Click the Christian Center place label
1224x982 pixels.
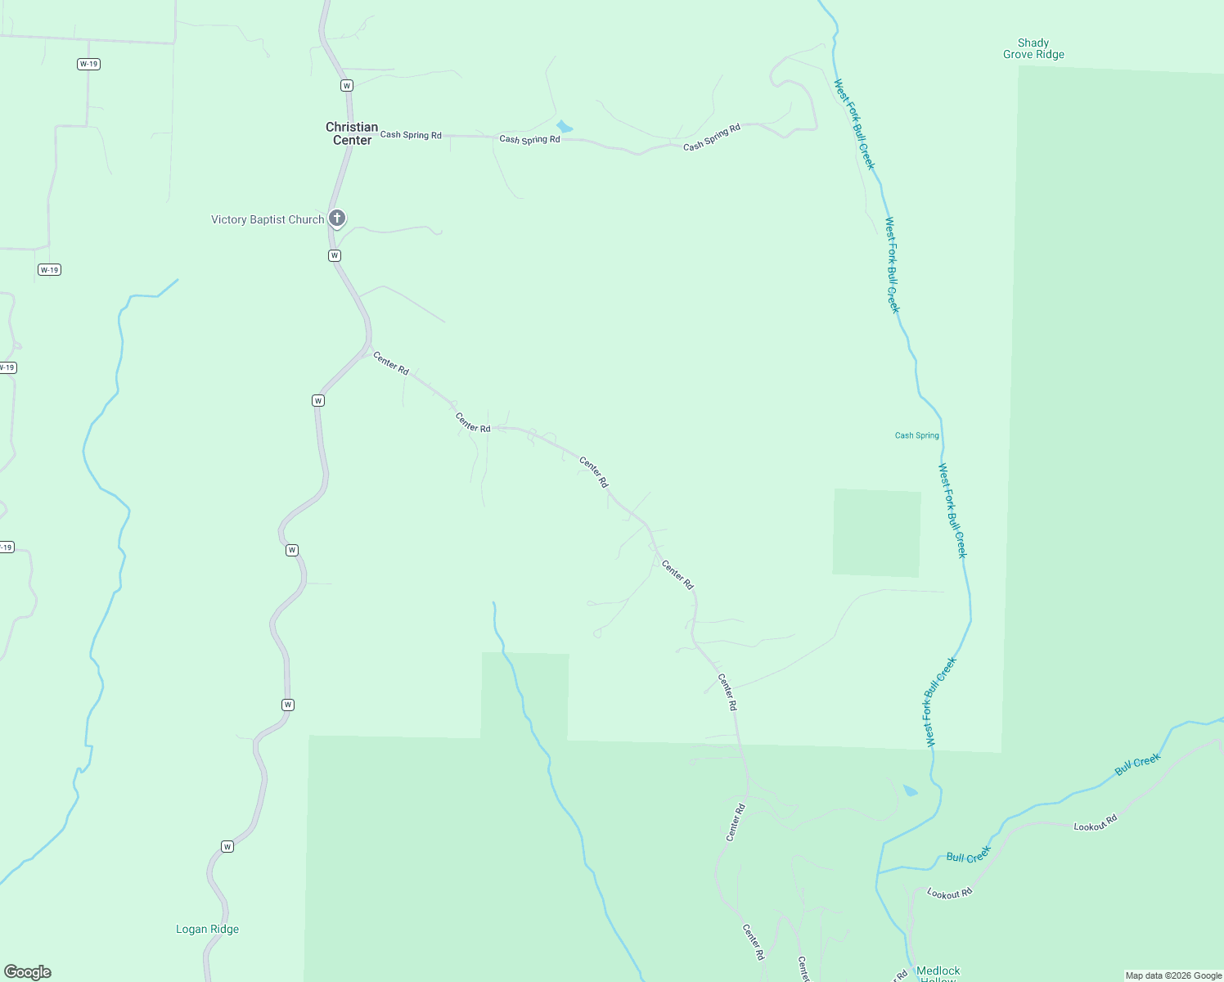352,133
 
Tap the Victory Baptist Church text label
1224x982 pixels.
268,219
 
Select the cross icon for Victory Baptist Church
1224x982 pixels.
336,218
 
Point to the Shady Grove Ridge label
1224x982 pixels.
1033,49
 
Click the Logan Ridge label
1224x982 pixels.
207,929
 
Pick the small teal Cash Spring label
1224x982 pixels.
916,435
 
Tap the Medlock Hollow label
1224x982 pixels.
938,973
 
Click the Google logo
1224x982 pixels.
28,972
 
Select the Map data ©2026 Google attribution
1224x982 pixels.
1173,975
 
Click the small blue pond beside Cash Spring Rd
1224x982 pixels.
564,127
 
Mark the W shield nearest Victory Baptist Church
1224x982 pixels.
334,255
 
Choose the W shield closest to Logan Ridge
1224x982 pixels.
227,846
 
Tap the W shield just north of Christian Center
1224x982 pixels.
346,85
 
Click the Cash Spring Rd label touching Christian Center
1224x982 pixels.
411,135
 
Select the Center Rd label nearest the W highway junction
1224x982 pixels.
390,363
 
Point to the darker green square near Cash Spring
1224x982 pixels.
876,533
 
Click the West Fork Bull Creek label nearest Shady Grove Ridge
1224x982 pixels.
854,124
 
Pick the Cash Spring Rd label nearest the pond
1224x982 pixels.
529,139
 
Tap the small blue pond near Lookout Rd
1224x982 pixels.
910,791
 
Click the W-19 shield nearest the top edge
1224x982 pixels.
88,64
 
